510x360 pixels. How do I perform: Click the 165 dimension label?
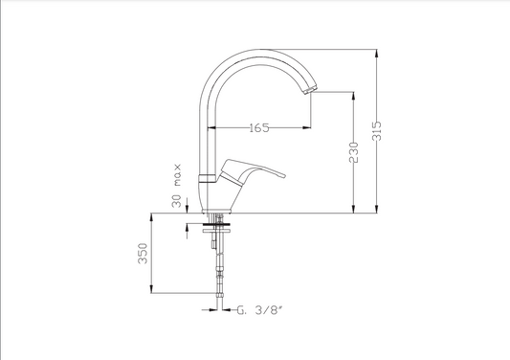(259, 127)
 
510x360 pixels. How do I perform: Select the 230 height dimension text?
(353, 152)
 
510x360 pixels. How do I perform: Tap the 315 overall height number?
(376, 131)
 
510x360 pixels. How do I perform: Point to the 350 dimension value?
(143, 253)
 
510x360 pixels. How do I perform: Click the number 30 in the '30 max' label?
(176, 201)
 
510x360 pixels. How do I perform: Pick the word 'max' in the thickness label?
(177, 175)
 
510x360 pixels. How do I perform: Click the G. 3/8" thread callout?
(258, 310)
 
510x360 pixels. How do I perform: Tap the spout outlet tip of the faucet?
(310, 90)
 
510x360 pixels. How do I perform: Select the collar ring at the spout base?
(208, 178)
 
